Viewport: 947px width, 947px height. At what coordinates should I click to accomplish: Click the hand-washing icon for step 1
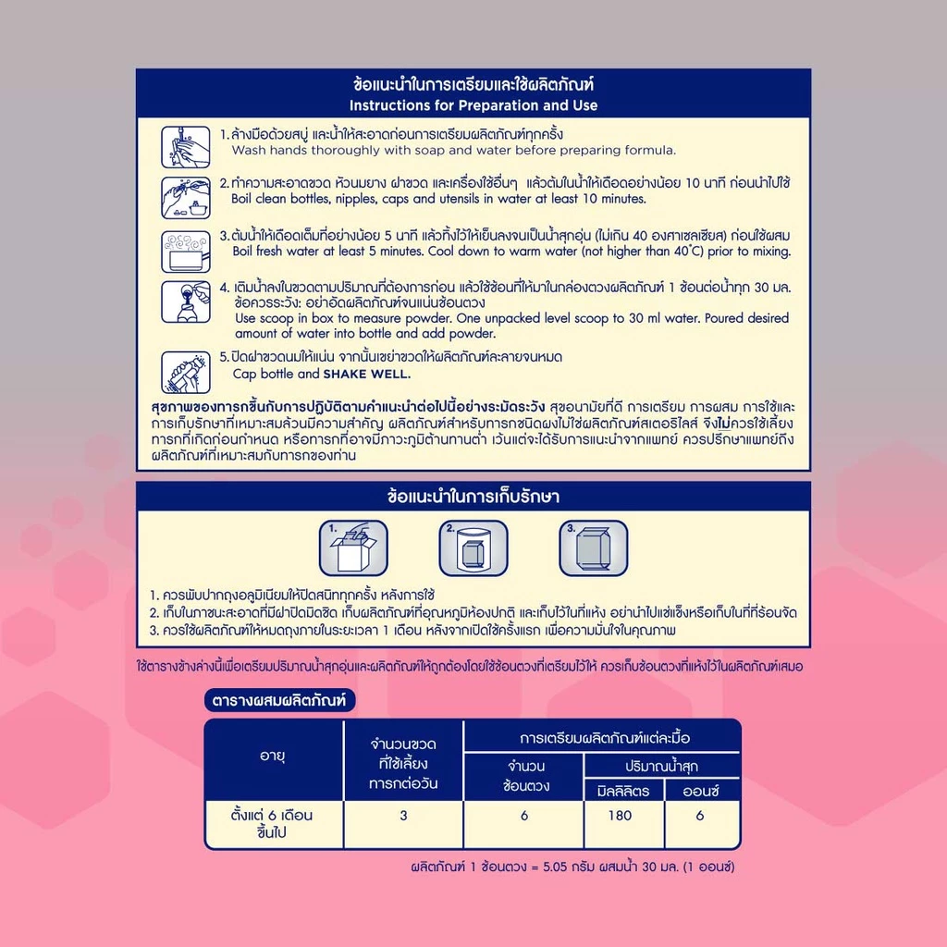pos(185,147)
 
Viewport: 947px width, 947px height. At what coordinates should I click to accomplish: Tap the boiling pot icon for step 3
pos(185,252)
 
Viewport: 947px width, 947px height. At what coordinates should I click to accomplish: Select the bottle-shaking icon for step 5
pos(185,372)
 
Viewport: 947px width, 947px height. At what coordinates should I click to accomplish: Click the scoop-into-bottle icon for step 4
pos(185,302)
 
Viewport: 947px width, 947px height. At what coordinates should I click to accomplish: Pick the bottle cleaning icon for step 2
pos(185,198)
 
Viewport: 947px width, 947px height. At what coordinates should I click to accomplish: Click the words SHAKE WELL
pos(366,374)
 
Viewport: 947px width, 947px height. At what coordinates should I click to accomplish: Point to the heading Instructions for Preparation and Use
pos(473,105)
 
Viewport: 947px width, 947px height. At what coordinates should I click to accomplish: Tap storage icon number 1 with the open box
pos(353,547)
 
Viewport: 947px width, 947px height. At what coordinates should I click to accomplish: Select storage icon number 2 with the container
pos(473,547)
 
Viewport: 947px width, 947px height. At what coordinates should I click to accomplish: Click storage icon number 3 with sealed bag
pos(594,547)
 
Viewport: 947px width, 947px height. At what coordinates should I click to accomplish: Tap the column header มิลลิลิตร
pos(623,791)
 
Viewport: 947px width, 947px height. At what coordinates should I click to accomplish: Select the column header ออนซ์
pos(701,791)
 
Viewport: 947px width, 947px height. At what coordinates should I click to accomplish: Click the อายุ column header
pos(273,756)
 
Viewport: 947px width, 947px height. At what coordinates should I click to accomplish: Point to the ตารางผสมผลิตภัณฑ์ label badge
pos(279,701)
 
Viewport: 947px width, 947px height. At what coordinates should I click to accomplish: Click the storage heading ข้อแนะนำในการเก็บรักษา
pos(473,497)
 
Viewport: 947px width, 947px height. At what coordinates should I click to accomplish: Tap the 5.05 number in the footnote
pos(555,867)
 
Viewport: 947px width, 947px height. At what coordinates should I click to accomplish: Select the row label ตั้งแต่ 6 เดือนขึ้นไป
pos(272,824)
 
